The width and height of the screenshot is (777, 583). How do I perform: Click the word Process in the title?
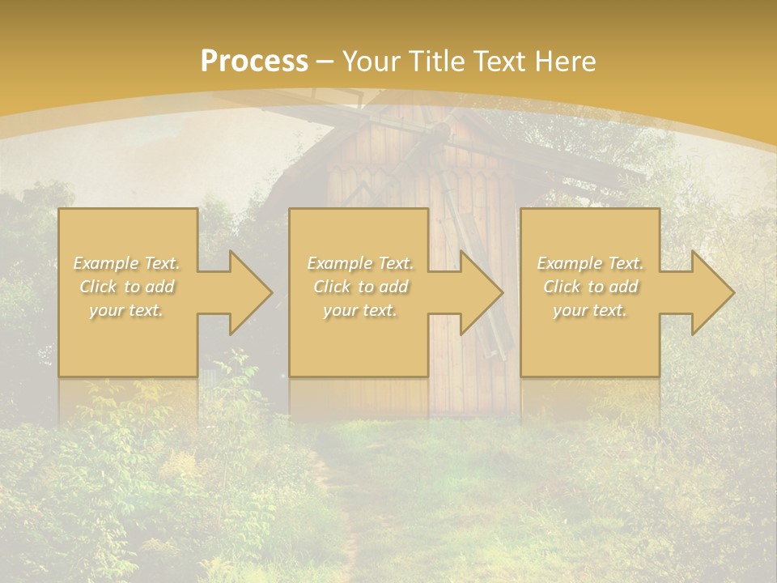coord(254,62)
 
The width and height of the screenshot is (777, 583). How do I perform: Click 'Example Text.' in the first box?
coord(127,263)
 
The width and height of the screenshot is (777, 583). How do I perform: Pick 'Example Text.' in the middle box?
coord(360,263)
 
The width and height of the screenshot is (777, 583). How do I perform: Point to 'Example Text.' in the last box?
coord(590,263)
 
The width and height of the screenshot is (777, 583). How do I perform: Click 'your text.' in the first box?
coord(127,310)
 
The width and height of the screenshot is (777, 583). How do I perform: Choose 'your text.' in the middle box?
coord(360,310)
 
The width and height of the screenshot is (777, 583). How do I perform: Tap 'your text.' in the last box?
coord(590,310)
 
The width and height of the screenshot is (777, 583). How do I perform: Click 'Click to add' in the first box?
coord(127,287)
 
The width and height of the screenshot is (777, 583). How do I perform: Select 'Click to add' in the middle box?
coord(360,287)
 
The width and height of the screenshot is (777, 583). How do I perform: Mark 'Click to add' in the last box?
coord(590,287)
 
